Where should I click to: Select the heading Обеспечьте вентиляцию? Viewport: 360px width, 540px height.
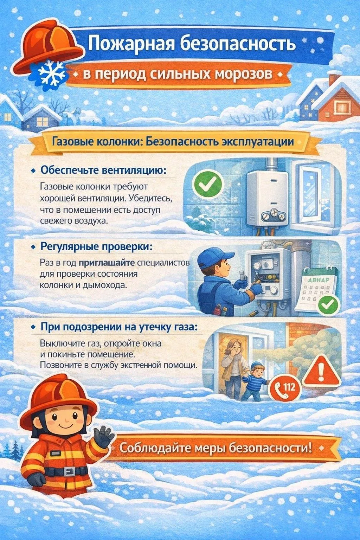click(x=103, y=171)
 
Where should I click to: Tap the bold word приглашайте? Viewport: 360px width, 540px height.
click(x=107, y=263)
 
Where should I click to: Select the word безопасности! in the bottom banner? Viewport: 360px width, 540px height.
click(x=270, y=448)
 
